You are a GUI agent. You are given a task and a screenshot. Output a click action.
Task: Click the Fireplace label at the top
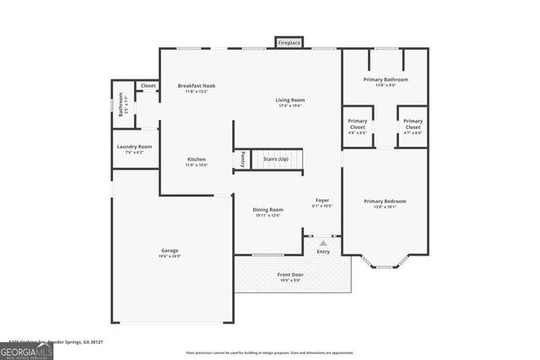click(x=289, y=42)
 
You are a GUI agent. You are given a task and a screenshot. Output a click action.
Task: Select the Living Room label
click(x=289, y=101)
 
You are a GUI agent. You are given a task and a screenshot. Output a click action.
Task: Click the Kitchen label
click(x=197, y=161)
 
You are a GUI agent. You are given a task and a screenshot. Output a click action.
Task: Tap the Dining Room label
click(x=268, y=212)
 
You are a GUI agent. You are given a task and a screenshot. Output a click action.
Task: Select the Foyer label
click(x=322, y=201)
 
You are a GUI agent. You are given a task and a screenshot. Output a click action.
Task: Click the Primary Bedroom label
click(x=385, y=203)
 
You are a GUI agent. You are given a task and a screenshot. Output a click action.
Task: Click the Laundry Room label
click(x=133, y=148)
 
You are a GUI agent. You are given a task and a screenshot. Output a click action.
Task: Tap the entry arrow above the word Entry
click(x=322, y=243)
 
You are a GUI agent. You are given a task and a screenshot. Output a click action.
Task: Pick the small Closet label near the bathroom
click(x=148, y=86)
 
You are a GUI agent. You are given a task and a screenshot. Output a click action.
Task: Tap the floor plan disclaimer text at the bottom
click(x=269, y=353)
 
